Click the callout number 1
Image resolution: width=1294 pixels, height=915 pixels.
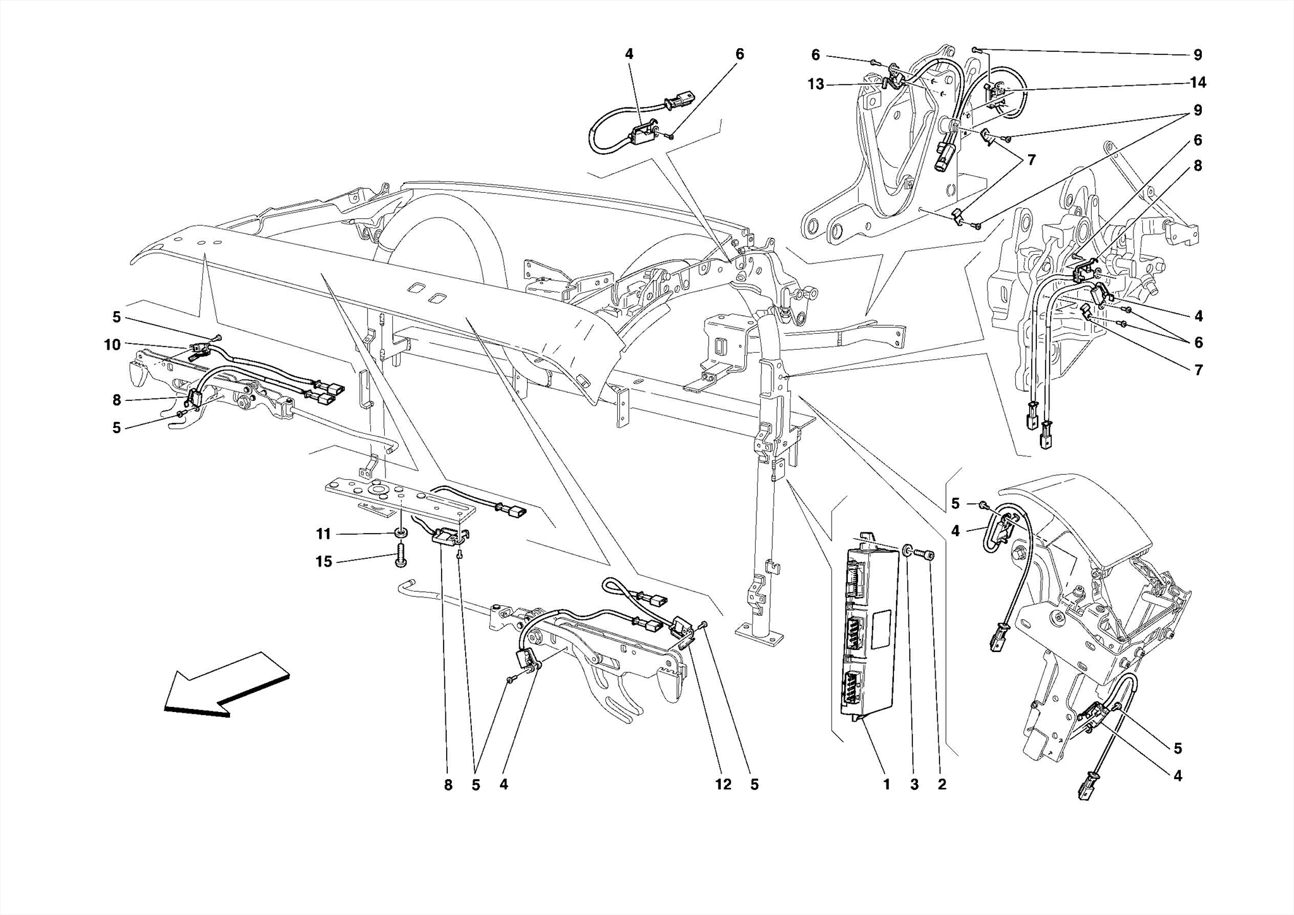click(x=886, y=785)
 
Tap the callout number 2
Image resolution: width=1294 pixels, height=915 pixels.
click(x=942, y=785)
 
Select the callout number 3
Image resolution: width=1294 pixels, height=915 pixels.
click(x=914, y=785)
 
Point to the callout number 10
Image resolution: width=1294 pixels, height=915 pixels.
click(x=112, y=345)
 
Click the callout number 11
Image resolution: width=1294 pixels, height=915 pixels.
click(x=323, y=534)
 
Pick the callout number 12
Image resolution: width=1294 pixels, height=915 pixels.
click(x=723, y=785)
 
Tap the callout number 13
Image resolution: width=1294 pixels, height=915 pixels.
click(x=816, y=84)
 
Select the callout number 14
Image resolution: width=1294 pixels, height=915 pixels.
click(x=1197, y=82)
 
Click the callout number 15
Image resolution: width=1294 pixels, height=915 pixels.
click(x=323, y=562)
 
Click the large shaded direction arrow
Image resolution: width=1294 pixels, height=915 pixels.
click(x=226, y=685)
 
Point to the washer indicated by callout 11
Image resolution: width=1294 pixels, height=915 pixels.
click(x=401, y=534)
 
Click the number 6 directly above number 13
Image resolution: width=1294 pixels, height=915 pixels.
click(x=815, y=55)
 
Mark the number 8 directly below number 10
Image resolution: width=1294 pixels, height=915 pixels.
click(x=116, y=400)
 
